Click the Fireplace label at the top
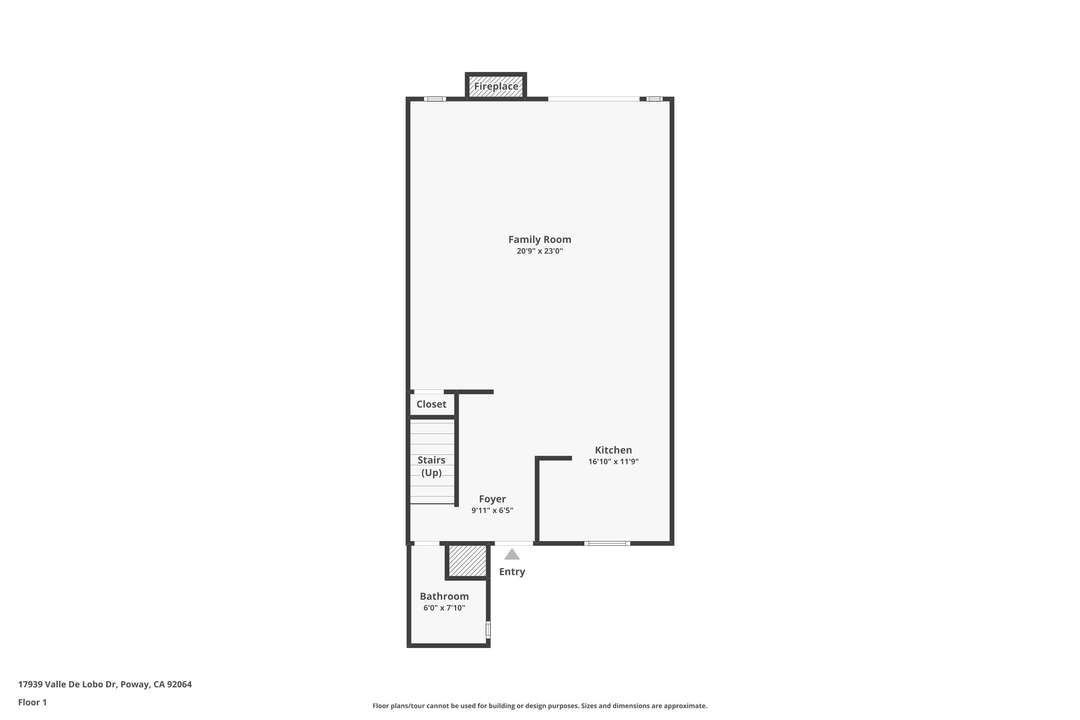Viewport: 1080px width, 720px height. point(496,86)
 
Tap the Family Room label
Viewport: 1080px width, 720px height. point(540,239)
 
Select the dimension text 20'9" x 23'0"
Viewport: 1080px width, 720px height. point(540,251)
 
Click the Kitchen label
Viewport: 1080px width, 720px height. point(613,450)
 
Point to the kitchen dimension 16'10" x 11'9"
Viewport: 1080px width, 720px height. point(613,462)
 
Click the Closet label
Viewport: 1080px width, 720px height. point(431,404)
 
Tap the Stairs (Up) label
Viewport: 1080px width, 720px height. point(431,466)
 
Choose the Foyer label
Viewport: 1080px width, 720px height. point(492,499)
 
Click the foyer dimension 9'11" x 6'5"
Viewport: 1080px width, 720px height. point(492,510)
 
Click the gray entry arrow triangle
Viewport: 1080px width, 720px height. point(512,555)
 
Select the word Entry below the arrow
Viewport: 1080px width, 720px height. point(512,572)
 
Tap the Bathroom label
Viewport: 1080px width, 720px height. point(444,596)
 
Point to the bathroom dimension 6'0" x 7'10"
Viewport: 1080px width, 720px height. point(444,608)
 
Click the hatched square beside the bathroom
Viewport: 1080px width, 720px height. point(467,560)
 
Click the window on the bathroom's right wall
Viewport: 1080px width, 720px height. point(488,630)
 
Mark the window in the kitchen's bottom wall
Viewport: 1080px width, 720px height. point(607,543)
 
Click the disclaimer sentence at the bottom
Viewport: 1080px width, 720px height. point(540,706)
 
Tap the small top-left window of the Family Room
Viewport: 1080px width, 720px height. point(435,99)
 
